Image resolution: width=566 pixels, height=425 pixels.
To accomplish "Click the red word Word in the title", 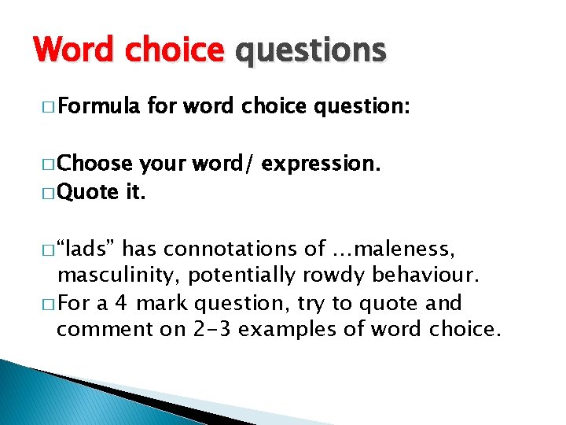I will (77, 50).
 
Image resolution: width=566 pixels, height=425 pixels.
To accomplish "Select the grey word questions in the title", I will (311, 50).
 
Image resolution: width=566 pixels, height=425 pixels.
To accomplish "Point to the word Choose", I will (96, 164).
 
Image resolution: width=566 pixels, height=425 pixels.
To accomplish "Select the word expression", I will (320, 164).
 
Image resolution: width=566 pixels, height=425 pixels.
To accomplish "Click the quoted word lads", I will (87, 249).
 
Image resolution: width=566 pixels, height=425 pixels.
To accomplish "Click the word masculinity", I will (117, 275).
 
